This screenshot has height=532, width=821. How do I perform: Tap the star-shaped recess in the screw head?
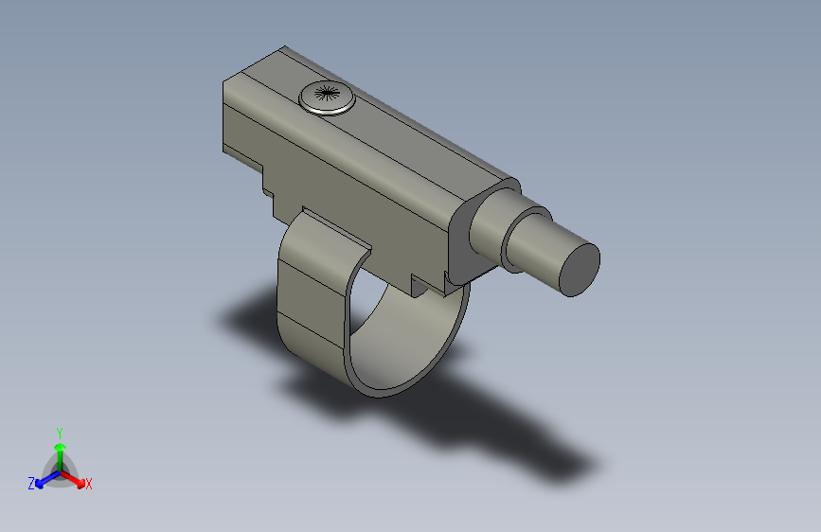[x=326, y=93]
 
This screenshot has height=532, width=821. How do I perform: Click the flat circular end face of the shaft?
[x=579, y=268]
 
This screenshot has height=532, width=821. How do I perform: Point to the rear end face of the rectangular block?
[x=241, y=118]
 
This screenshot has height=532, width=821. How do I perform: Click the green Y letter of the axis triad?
[x=59, y=432]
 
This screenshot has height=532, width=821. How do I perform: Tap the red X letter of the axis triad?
[x=89, y=484]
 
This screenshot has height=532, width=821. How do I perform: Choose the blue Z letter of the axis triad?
[x=31, y=484]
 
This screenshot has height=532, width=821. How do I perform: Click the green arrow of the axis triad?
[x=59, y=451]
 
